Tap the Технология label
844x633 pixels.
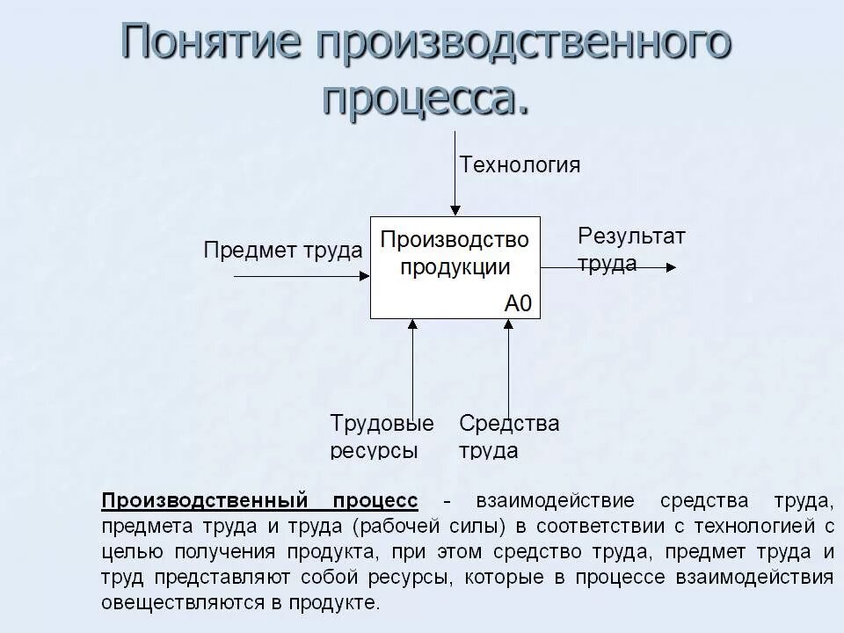pos(520,164)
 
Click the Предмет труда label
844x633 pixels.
pos(282,251)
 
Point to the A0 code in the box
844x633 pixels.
pos(518,304)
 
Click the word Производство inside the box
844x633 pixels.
pos(455,240)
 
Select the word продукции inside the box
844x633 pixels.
pos(455,267)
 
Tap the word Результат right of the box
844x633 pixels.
pos(631,236)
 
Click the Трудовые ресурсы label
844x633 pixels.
pos(382,437)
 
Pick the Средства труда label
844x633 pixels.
pos(509,437)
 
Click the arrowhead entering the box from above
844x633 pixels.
pos(455,210)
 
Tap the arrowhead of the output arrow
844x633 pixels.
pos(671,267)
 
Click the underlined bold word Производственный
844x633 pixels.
pos(205,501)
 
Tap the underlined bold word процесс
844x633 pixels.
pos(375,501)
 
